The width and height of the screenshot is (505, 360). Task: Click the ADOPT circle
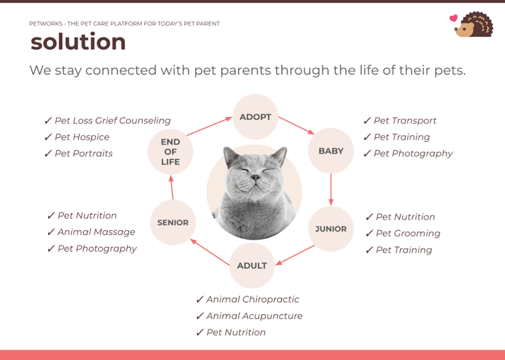click(x=255, y=117)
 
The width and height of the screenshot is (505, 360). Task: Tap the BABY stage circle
click(x=331, y=151)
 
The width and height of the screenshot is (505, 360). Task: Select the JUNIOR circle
click(x=331, y=229)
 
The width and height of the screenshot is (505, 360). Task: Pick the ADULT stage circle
click(x=252, y=266)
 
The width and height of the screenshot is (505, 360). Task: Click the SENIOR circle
click(x=173, y=223)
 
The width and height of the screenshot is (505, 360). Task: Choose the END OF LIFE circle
click(x=170, y=152)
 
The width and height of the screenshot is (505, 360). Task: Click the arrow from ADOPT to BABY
click(x=296, y=125)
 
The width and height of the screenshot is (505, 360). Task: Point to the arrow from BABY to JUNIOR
click(x=331, y=189)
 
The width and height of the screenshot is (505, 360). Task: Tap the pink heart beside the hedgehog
click(x=454, y=19)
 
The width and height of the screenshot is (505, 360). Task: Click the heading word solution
click(x=78, y=42)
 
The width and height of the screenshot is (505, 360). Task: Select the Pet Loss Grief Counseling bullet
click(x=112, y=121)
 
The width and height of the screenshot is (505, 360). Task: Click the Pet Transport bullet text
click(x=404, y=121)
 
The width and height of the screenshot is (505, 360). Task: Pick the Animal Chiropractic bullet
click(x=252, y=299)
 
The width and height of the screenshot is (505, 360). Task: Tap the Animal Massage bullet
click(x=96, y=232)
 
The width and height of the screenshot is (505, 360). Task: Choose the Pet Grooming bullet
click(x=408, y=233)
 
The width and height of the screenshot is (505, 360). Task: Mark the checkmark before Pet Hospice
click(x=48, y=137)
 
